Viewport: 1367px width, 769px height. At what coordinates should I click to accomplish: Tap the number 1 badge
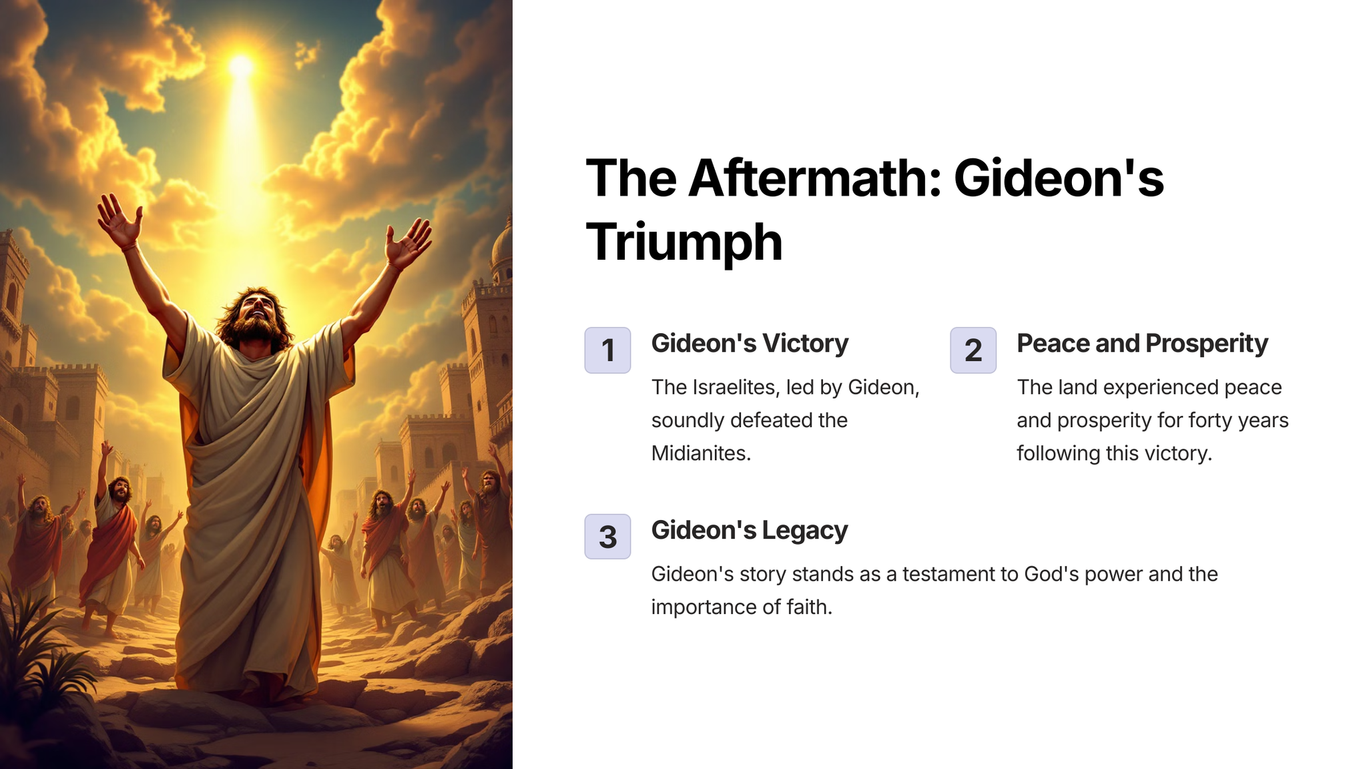[607, 350]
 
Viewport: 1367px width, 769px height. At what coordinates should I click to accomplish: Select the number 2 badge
[973, 350]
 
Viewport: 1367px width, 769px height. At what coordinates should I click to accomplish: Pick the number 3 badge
[607, 536]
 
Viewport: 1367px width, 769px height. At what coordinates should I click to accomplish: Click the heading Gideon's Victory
[750, 343]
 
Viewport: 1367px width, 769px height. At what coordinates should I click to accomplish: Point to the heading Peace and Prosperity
[1142, 343]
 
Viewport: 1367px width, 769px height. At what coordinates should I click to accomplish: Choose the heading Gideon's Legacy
[750, 530]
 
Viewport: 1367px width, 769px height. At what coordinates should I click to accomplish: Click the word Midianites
[701, 453]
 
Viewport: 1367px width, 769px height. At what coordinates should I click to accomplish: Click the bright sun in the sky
[241, 67]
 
